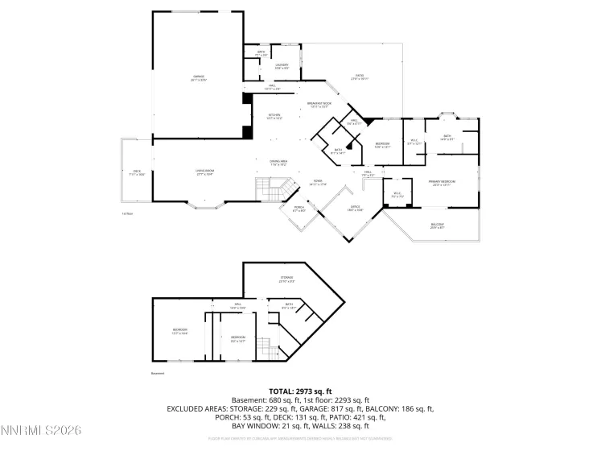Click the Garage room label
[x=199, y=79]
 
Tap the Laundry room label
[x=282, y=66]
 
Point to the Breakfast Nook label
[x=319, y=104]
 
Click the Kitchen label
[x=274, y=116]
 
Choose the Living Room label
[x=204, y=172]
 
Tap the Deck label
[x=137, y=172]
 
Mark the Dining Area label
[x=279, y=163]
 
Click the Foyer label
[x=319, y=183]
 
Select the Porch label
[x=299, y=211]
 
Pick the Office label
[x=356, y=208]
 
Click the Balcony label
[x=437, y=227]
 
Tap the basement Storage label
[x=286, y=279]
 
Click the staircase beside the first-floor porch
[x=268, y=191]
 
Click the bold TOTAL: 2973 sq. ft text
[x=300, y=389]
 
